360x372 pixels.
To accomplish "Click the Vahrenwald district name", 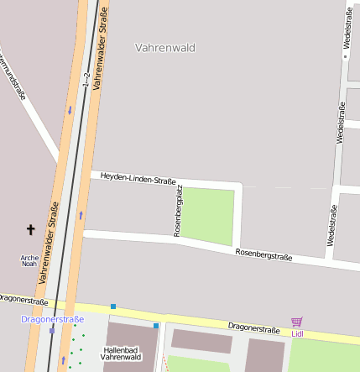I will coord(164,48).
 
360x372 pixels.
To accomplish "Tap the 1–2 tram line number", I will coord(86,81).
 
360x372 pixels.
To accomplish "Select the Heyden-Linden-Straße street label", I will coord(138,178).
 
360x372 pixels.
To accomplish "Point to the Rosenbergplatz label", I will coord(178,211).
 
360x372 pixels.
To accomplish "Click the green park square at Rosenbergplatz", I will coord(209,216).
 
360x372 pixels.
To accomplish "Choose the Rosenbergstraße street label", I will coord(263,254).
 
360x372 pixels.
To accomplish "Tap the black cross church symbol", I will coord(31,229).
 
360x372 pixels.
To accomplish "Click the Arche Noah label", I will coord(29,260).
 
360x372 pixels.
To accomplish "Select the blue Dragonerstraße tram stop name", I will coord(53,319).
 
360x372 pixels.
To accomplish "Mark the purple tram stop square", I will coord(52,330).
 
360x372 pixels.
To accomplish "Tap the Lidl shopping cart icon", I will coord(296,322).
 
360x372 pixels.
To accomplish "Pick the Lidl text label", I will coord(297,333).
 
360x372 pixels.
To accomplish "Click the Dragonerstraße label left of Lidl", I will coord(253,328).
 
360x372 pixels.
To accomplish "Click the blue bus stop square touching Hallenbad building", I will coord(156,325).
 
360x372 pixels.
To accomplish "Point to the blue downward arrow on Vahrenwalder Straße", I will coord(70,110).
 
